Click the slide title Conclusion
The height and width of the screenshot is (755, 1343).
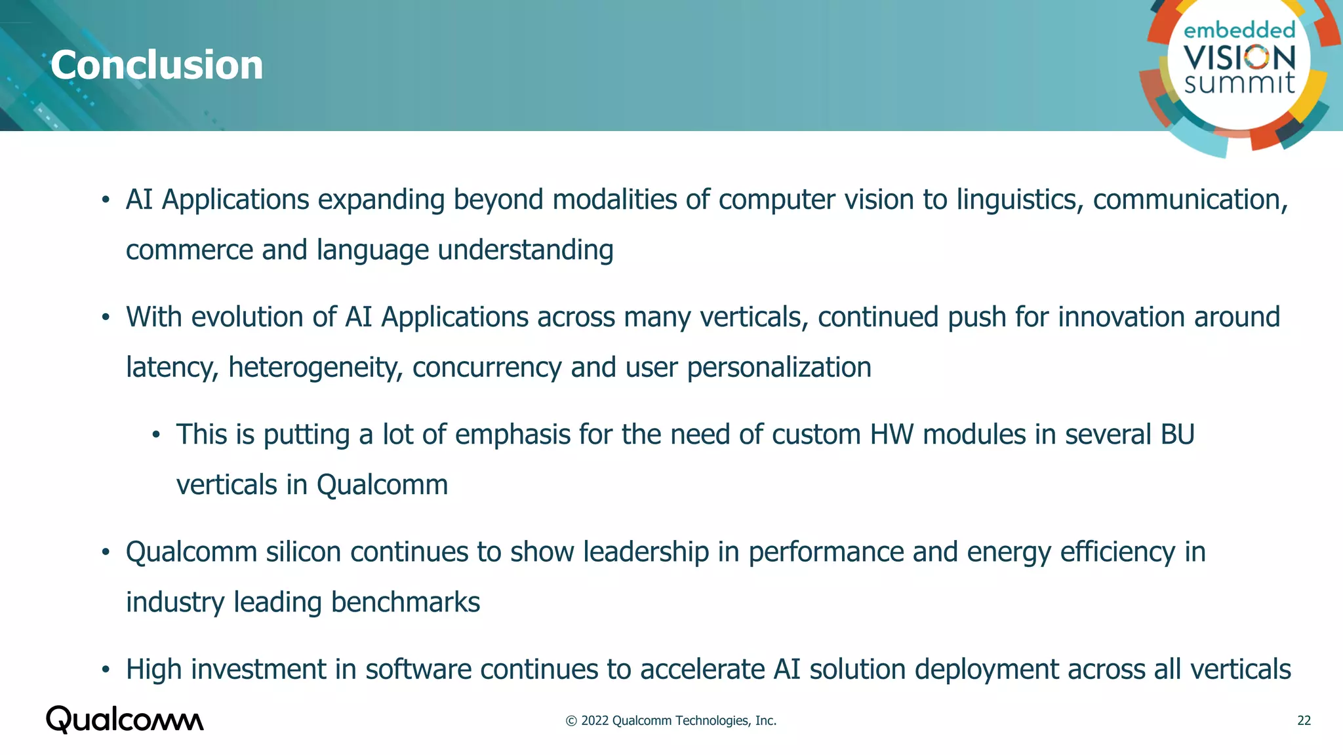coord(157,65)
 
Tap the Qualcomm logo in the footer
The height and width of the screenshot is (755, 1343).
coord(125,720)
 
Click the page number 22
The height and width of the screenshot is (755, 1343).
coord(1304,720)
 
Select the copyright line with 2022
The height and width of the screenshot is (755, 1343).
coord(671,720)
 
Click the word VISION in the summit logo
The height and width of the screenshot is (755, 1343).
coord(1239,58)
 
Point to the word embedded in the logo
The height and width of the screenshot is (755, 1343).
coord(1239,30)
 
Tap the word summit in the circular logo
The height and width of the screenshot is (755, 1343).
coord(1239,83)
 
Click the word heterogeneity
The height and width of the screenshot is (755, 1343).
coord(315,368)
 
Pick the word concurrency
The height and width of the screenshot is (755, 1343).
coord(487,368)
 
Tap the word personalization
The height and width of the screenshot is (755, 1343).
coord(779,368)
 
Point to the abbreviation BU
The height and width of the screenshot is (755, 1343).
coord(1177,435)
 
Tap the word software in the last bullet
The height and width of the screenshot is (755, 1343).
coord(418,670)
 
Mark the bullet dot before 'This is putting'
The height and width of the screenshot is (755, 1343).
coord(156,435)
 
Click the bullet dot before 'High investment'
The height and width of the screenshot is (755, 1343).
coord(106,670)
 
